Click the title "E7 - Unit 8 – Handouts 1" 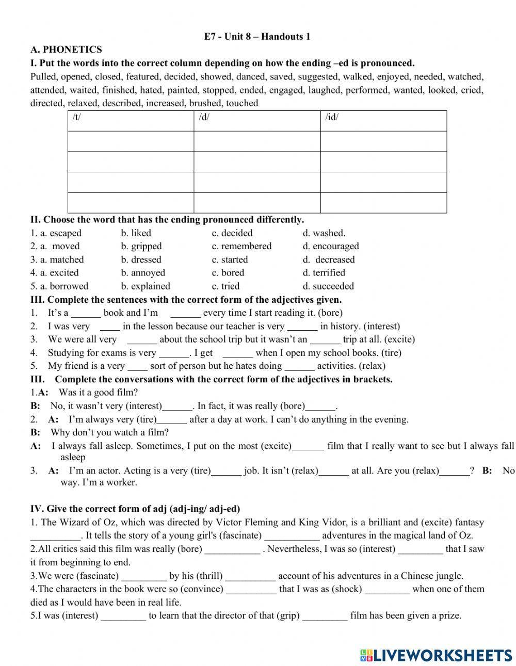pyautogui.click(x=257, y=37)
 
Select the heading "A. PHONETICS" pyautogui.click(x=66, y=50)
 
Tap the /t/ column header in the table pyautogui.click(x=77, y=117)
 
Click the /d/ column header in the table pyautogui.click(x=204, y=117)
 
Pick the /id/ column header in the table pyautogui.click(x=332, y=117)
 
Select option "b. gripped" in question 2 pyautogui.click(x=141, y=247)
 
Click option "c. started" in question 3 pyautogui.click(x=230, y=260)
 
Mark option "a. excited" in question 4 pyautogui.click(x=55, y=273)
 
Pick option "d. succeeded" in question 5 pyautogui.click(x=328, y=286)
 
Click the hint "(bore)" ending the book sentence pyautogui.click(x=330, y=313)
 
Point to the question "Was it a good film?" pyautogui.click(x=98, y=393)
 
